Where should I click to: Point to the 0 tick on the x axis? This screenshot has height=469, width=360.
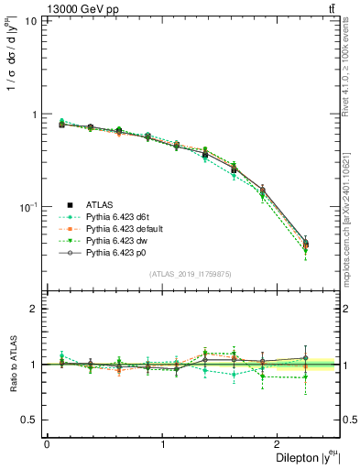click(x=47, y=443)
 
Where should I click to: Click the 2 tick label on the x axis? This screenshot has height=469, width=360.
click(x=278, y=443)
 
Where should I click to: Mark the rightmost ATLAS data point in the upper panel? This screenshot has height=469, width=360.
click(x=305, y=244)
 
